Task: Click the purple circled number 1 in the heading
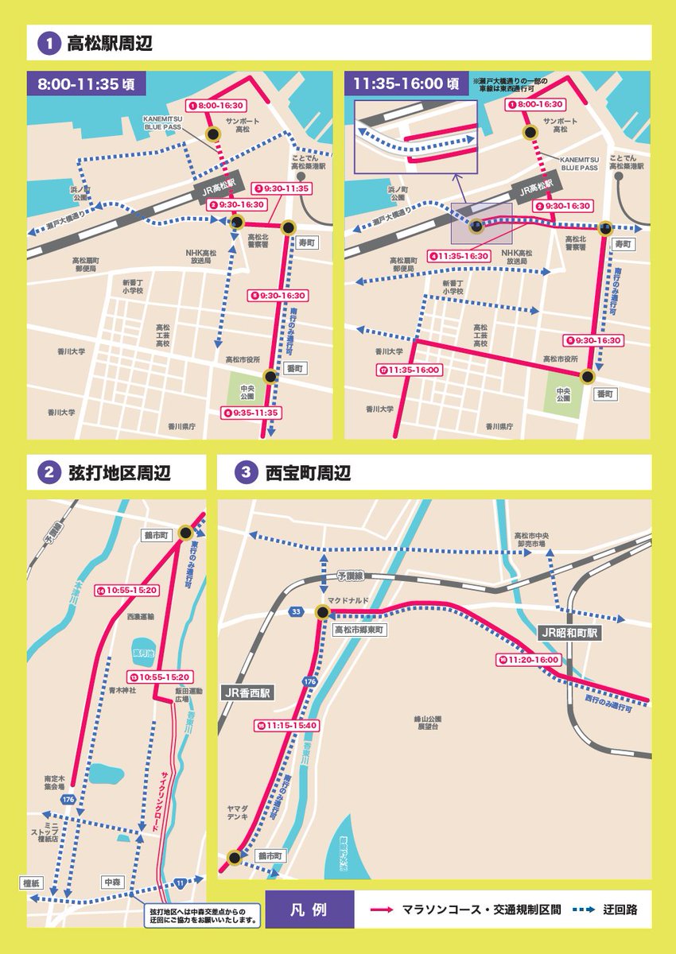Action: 49,43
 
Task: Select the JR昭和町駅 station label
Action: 569,633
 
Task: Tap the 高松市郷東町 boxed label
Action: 358,629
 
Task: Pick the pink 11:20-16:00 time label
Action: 528,659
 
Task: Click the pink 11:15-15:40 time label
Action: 286,725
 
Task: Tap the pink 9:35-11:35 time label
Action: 251,413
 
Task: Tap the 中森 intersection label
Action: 111,882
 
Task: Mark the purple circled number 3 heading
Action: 244,473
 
